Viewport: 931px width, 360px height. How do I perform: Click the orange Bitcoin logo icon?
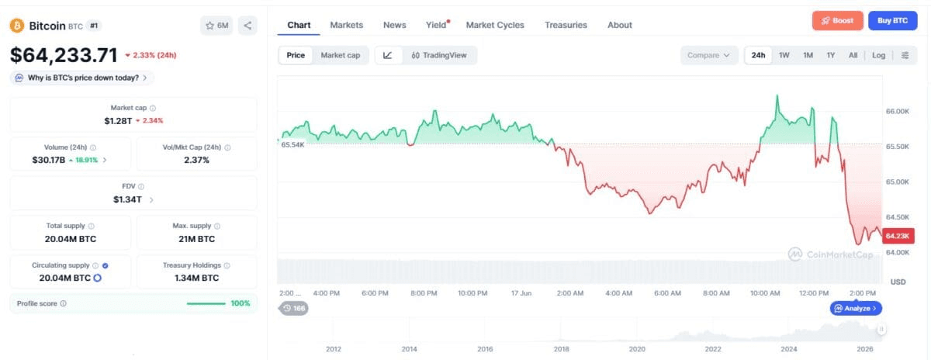[x=16, y=26]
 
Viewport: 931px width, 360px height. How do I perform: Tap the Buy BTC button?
[x=892, y=21]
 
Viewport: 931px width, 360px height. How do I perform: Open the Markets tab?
[x=346, y=25]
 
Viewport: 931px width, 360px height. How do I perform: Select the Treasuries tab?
[x=566, y=25]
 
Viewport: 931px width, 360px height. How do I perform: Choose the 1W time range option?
[x=784, y=55]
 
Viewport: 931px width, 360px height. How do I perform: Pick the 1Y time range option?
[x=830, y=55]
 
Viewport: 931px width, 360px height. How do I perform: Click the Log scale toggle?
[x=878, y=55]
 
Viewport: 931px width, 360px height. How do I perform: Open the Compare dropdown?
[x=708, y=55]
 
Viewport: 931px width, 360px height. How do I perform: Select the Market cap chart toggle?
[x=341, y=55]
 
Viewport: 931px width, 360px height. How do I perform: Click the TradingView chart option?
[x=439, y=55]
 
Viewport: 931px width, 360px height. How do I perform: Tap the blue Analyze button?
[x=856, y=309]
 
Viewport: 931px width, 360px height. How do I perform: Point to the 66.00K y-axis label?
[x=898, y=112]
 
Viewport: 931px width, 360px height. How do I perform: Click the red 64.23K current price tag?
[x=898, y=236]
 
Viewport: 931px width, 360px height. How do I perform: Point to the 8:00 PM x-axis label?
[x=424, y=293]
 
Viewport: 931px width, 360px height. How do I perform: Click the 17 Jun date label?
[x=521, y=293]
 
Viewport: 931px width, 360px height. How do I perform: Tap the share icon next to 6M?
[x=247, y=26]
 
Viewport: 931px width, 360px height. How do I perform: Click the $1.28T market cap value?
[x=118, y=121]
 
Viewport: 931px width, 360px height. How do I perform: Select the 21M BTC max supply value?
[x=196, y=239]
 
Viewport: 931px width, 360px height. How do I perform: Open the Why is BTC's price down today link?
[x=82, y=78]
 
